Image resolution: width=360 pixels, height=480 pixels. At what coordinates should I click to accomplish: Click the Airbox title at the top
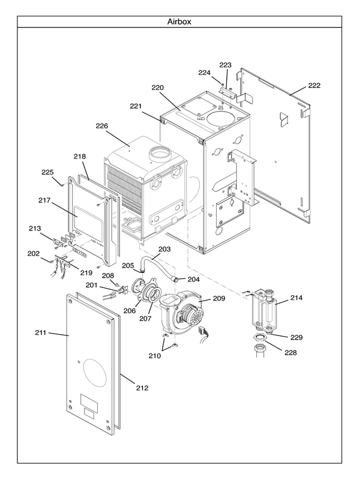180,22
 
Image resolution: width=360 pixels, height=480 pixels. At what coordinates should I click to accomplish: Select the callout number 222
314,85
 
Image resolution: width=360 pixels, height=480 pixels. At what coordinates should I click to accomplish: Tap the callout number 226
101,126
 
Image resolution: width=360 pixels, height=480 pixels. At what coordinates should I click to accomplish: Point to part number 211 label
40,333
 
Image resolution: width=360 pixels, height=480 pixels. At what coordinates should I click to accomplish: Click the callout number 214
296,298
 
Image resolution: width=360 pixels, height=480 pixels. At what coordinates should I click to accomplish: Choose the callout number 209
219,298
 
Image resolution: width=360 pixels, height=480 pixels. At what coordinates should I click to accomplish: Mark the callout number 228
290,352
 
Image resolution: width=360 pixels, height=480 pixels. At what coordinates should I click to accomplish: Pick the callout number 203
164,248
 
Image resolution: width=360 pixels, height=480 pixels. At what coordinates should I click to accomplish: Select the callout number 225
47,172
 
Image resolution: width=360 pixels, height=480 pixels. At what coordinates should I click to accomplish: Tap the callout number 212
142,388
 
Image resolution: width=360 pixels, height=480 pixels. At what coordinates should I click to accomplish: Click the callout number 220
157,88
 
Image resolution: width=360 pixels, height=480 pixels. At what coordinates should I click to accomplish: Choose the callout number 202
33,253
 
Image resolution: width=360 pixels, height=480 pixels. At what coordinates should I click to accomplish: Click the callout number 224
205,73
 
